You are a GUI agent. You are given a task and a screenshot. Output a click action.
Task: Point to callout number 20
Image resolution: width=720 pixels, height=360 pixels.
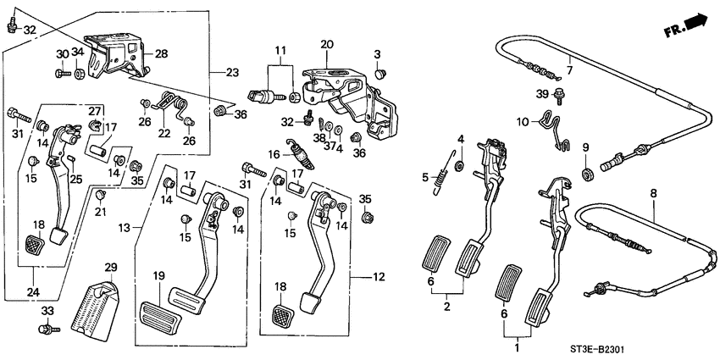[x=327, y=44]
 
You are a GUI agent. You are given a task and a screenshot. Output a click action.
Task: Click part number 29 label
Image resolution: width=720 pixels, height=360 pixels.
[x=109, y=268]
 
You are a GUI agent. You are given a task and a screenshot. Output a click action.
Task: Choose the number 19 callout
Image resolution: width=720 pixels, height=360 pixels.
[x=158, y=276]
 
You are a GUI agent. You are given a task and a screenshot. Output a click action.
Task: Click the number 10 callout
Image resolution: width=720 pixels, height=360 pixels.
[x=522, y=122]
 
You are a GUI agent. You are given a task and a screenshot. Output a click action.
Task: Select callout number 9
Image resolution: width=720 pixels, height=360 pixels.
[x=584, y=147]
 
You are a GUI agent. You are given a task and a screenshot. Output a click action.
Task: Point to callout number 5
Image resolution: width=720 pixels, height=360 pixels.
[x=425, y=177]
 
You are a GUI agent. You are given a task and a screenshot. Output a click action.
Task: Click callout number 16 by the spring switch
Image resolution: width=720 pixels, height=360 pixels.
[x=274, y=154]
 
